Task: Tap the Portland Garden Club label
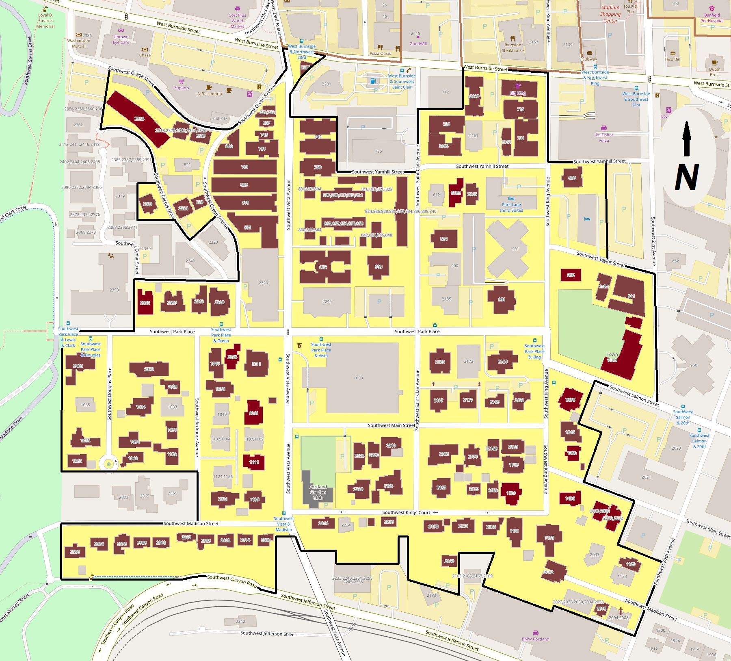(318, 492)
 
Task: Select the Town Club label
(612, 357)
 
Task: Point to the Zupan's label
(182, 88)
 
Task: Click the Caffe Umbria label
(209, 93)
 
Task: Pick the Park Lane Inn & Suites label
(511, 207)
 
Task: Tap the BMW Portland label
(535, 639)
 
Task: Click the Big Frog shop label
(517, 93)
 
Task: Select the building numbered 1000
(358, 378)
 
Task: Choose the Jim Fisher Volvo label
(603, 137)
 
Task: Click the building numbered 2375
(145, 303)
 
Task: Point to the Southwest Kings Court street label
(406, 513)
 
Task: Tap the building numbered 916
(571, 275)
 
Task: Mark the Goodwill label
(418, 43)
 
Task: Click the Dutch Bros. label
(714, 72)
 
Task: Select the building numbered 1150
(549, 537)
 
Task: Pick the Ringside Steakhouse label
(513, 48)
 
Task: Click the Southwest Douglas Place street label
(109, 394)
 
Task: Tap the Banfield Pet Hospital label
(714, 18)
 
